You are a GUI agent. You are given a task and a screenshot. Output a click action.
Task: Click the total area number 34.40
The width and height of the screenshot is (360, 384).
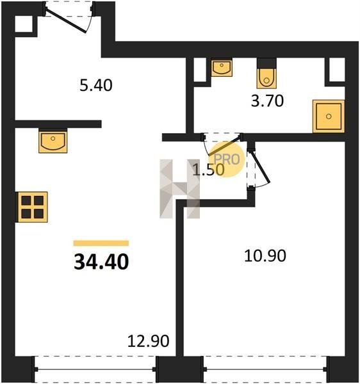tap(101, 262)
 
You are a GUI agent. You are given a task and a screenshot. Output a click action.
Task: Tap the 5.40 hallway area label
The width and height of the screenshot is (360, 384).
tap(96, 86)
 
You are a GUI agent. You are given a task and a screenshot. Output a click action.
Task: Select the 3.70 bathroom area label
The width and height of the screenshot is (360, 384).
tap(267, 101)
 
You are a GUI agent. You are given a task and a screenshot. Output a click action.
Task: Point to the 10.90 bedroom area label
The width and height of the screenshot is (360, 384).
tap(265, 256)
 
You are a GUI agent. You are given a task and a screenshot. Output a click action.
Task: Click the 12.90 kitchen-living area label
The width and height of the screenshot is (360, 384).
tap(148, 341)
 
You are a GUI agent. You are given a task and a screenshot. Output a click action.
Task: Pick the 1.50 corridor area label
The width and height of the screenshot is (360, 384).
tap(208, 170)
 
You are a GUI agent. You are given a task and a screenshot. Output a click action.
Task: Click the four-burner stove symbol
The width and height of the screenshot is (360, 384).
tap(32, 207)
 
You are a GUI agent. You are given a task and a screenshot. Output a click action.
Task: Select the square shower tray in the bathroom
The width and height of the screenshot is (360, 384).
tap(329, 116)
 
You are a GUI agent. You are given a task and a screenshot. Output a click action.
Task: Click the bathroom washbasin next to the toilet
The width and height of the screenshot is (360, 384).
tap(222, 67)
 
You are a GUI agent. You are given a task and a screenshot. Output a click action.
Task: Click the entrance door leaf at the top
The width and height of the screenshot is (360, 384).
tap(66, 21)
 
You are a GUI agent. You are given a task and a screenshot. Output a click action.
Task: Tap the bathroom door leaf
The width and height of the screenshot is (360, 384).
tap(224, 146)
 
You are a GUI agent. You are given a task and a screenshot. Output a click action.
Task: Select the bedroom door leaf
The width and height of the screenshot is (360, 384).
tap(260, 168)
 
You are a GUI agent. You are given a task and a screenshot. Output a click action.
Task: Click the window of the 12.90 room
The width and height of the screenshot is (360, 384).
tap(95, 369)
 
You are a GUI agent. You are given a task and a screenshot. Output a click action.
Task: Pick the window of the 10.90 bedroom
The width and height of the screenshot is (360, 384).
tap(265, 369)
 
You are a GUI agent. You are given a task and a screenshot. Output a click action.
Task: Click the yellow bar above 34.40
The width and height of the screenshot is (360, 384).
tap(101, 243)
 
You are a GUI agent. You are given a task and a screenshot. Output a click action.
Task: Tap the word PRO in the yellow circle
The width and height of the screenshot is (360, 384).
tap(227, 159)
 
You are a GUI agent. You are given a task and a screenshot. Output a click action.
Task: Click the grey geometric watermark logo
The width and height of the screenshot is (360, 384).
tap(179, 189)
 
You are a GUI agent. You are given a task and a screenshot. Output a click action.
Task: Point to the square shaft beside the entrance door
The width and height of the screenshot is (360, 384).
tap(24, 24)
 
